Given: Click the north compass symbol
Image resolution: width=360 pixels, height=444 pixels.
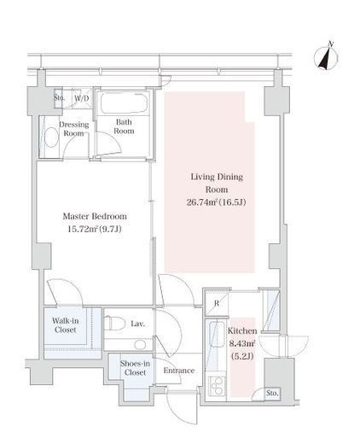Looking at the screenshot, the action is [326, 57].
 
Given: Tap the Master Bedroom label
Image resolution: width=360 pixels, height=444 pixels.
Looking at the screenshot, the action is [95, 216].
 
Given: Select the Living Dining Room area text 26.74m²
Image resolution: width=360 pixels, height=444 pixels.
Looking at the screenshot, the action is [202, 202].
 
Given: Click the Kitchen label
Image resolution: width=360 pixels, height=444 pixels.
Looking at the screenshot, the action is [242, 330].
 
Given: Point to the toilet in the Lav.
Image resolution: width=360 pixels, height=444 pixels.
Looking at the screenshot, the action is [115, 324].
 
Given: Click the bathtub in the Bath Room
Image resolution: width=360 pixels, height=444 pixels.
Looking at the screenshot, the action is [124, 103].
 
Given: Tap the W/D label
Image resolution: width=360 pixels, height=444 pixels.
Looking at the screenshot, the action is [82, 98].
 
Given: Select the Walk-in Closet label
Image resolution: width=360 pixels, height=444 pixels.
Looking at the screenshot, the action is [66, 325].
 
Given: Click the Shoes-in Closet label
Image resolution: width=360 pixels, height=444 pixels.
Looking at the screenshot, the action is [135, 368].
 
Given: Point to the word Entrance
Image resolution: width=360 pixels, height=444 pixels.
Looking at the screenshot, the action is [179, 371].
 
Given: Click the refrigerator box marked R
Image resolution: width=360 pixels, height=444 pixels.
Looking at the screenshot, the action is [217, 304].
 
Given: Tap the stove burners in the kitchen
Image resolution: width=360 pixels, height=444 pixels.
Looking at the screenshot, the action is [217, 386].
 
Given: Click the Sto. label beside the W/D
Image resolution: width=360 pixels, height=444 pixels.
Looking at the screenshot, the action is [59, 97].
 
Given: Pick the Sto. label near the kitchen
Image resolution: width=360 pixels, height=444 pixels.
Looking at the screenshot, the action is [272, 393].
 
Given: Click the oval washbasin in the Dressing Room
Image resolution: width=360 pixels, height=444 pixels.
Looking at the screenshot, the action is [52, 137].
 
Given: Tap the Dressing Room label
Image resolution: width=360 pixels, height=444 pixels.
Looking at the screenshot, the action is [73, 129].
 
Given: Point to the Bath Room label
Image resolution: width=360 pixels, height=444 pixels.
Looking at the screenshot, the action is [124, 126].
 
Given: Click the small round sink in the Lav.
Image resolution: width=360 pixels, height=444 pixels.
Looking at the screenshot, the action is [140, 345].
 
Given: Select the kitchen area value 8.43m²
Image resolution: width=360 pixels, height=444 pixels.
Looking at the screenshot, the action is [242, 343].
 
